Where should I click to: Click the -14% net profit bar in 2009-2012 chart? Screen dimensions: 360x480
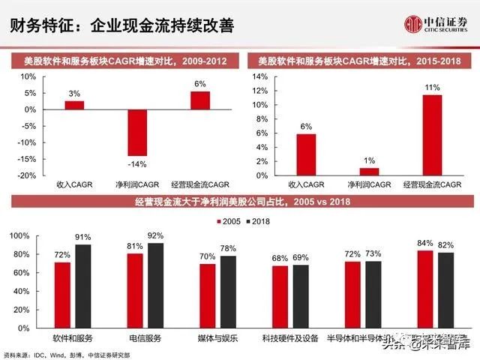137,132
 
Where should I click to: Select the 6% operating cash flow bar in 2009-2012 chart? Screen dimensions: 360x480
200,100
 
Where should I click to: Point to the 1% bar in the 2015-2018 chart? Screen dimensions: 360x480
369,172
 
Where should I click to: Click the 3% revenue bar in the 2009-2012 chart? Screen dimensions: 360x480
74,105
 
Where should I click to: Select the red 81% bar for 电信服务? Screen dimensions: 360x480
135,290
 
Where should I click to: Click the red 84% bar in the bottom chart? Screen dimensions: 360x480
424,289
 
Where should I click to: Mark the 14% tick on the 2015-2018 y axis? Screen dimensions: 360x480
259,77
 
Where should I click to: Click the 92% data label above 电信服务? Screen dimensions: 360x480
155,235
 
